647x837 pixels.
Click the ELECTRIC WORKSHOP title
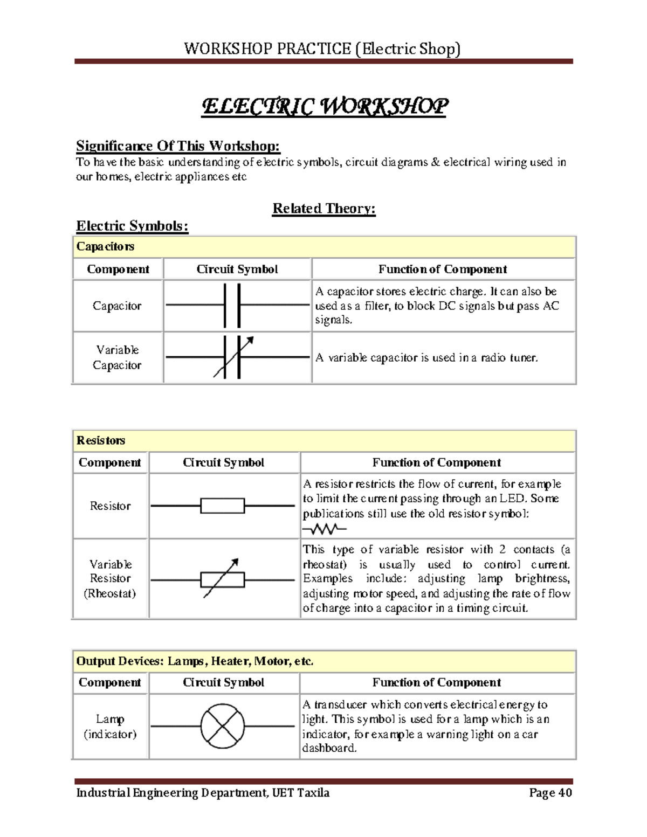[324, 107]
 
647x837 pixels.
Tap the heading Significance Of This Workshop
[178, 146]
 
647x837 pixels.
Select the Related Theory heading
[323, 209]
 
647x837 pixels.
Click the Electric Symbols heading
[132, 226]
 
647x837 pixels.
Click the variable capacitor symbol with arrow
[233, 357]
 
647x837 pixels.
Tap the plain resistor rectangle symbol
[222, 506]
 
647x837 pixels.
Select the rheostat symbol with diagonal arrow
[222, 579]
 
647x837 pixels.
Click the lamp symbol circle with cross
[222, 726]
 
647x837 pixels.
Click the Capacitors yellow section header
[106, 247]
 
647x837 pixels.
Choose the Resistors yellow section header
[101, 440]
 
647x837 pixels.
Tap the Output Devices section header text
[195, 661]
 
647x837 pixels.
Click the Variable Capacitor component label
[117, 357]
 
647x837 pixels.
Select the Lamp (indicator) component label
[110, 727]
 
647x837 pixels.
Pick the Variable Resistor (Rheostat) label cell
[110, 579]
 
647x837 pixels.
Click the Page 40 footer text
[550, 793]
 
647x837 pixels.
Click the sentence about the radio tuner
[426, 358]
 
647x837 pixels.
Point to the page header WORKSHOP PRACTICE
[322, 49]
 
